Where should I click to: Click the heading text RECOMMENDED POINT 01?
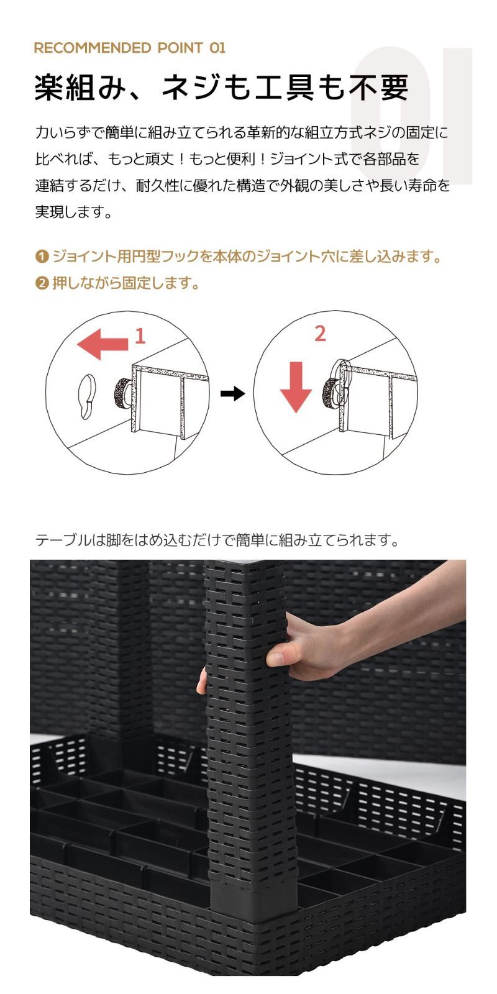coord(130,48)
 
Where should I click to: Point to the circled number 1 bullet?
coord(41,257)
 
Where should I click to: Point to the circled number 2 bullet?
coord(41,283)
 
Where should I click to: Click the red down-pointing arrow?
coord(296,386)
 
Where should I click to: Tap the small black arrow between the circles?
coord(232,393)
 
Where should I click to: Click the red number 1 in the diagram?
coord(140,336)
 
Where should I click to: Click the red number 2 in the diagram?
coord(320,334)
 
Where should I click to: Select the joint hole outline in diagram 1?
coord(86,396)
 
